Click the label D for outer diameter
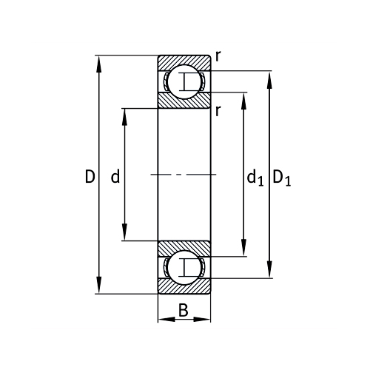pos(90,176)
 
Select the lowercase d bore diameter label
pos(115,176)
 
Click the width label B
pos(183,311)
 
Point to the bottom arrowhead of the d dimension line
pos(124,236)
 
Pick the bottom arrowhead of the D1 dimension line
pos(269,273)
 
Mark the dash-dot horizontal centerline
pos(184,175)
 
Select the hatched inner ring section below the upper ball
pos(184,101)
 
